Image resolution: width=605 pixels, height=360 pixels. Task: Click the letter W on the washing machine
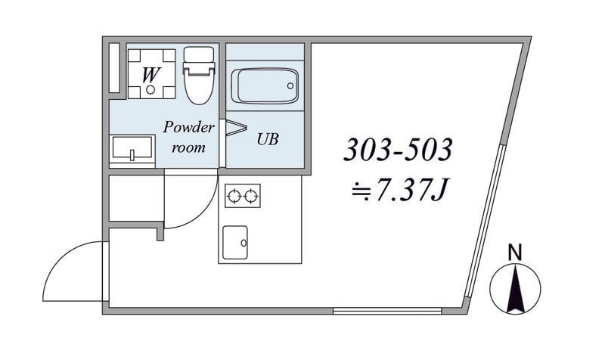click(150, 75)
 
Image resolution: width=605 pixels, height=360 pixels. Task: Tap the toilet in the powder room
click(199, 75)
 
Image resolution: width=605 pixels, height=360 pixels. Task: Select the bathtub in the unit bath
click(265, 85)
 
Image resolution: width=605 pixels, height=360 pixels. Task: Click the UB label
click(268, 139)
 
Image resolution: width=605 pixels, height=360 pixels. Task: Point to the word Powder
click(188, 127)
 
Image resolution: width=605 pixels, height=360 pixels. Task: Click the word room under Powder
click(188, 147)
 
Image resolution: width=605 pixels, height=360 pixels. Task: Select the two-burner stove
click(242, 196)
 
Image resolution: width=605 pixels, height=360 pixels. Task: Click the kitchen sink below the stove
click(235, 243)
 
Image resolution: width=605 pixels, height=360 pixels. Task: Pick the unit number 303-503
click(398, 149)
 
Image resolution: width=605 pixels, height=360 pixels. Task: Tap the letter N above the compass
click(515, 253)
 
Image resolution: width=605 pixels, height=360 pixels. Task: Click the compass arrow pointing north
click(515, 288)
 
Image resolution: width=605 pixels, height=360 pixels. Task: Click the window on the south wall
click(387, 311)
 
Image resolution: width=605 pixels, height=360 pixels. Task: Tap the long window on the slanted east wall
click(484, 221)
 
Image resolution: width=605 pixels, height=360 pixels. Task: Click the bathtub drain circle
click(290, 85)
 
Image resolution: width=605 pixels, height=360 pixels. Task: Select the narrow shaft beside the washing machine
click(114, 68)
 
